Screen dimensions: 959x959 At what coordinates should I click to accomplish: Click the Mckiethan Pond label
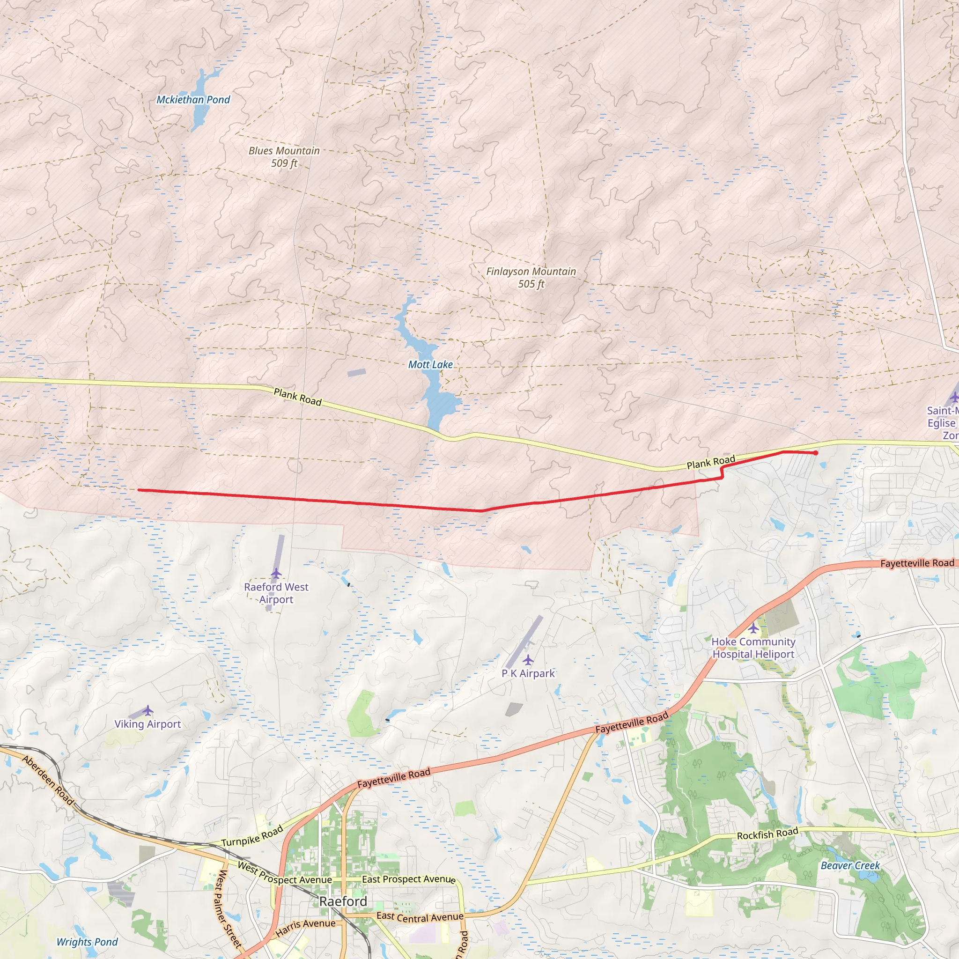point(193,100)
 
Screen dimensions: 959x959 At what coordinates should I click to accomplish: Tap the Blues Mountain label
point(284,151)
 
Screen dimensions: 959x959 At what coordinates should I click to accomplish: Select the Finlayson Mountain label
point(531,272)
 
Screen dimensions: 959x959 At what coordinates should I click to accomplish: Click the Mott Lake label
point(430,364)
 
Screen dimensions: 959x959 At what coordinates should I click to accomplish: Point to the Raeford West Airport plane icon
point(276,574)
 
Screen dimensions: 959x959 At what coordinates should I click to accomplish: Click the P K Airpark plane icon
point(528,660)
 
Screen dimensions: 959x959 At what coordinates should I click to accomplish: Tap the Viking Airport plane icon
point(148,710)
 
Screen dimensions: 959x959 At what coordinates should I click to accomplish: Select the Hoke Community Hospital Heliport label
point(753,648)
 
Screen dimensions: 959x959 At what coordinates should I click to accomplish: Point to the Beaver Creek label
point(850,866)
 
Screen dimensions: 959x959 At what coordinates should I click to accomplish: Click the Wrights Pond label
point(87,942)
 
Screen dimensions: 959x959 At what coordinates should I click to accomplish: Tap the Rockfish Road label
point(767,834)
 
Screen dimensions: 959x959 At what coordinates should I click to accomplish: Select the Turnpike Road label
point(252,836)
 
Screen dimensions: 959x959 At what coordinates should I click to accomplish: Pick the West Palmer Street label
point(229,909)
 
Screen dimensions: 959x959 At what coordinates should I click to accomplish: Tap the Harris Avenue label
point(305,927)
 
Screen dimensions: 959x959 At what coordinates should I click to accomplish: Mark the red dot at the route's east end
point(816,453)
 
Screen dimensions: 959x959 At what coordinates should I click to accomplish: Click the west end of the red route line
point(139,490)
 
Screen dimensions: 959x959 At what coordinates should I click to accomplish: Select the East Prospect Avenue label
point(408,879)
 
